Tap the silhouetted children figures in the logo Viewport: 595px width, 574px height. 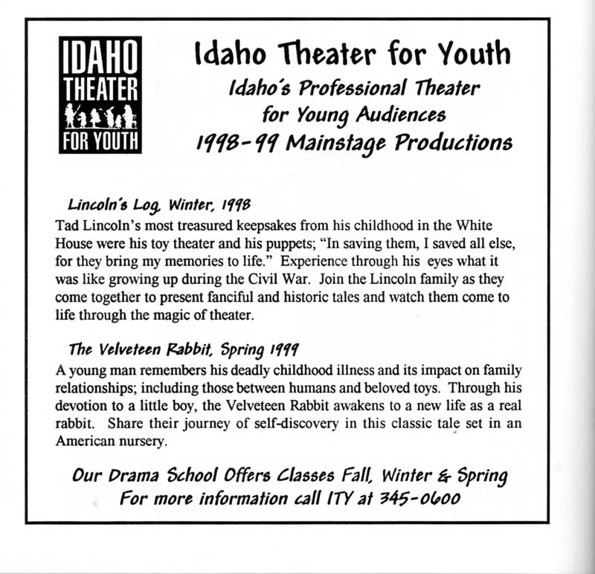pyautogui.click(x=100, y=117)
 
